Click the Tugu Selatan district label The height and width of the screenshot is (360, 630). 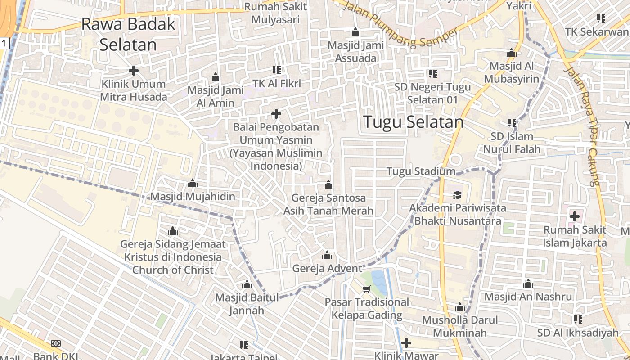pyautogui.click(x=413, y=122)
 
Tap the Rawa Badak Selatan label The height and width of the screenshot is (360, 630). pyautogui.click(x=128, y=34)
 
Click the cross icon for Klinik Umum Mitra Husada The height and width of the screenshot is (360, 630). pyautogui.click(x=133, y=71)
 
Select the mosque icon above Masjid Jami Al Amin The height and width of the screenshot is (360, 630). pyautogui.click(x=216, y=77)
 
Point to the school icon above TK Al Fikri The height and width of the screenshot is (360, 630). pyautogui.click(x=276, y=70)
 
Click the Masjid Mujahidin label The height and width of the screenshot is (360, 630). pyautogui.click(x=193, y=197)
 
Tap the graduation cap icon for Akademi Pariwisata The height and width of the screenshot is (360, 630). pyautogui.click(x=457, y=195)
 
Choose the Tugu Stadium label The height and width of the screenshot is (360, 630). pyautogui.click(x=421, y=171)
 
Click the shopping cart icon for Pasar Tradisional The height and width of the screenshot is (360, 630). pyautogui.click(x=367, y=289)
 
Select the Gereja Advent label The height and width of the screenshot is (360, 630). pyautogui.click(x=327, y=269)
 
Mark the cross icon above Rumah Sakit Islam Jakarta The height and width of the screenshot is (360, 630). pyautogui.click(x=574, y=216)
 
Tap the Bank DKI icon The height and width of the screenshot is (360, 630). pyautogui.click(x=56, y=343)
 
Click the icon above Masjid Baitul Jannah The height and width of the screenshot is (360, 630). pyautogui.click(x=247, y=285)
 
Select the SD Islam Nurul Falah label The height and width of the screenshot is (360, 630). pyautogui.click(x=512, y=143)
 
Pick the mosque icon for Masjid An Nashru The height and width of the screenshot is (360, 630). pyautogui.click(x=528, y=284)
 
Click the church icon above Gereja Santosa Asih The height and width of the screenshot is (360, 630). pyautogui.click(x=328, y=185)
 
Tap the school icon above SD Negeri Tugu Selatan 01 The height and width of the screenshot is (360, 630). pyautogui.click(x=433, y=73)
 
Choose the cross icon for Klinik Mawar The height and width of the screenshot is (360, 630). pyautogui.click(x=406, y=343)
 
